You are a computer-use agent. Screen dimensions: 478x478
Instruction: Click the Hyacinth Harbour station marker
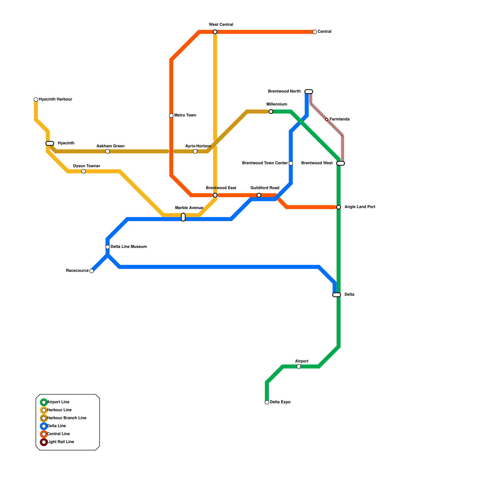pyautogui.click(x=36, y=99)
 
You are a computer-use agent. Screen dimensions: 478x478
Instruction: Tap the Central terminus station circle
pyautogui.click(x=315, y=32)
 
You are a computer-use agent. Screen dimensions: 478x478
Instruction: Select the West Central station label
pyautogui.click(x=221, y=25)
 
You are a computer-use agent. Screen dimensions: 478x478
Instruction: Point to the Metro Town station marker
pyautogui.click(x=171, y=116)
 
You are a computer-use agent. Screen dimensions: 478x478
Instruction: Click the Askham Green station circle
pyautogui.click(x=108, y=151)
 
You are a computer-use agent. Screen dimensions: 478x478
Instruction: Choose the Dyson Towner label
pyautogui.click(x=86, y=166)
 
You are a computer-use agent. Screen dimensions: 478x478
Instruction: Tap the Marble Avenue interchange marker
pyautogui.click(x=183, y=217)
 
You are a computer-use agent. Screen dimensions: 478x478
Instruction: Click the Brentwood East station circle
pyautogui.click(x=215, y=195)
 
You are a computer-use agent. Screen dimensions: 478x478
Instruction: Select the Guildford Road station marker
pyautogui.click(x=259, y=195)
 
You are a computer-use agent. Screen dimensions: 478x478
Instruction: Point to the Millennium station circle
pyautogui.click(x=271, y=112)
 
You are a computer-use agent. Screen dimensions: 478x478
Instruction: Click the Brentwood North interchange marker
pyautogui.click(x=309, y=91)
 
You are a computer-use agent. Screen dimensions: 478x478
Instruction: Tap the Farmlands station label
pyautogui.click(x=339, y=119)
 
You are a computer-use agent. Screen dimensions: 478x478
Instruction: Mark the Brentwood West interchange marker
pyautogui.click(x=341, y=163)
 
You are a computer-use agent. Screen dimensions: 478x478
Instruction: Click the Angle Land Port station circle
pyautogui.click(x=338, y=207)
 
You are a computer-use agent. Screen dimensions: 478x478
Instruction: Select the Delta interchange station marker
pyautogui.click(x=337, y=295)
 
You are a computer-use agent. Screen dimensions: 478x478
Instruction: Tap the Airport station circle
pyautogui.click(x=299, y=367)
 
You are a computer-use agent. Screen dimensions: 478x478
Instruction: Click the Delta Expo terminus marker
pyautogui.click(x=267, y=402)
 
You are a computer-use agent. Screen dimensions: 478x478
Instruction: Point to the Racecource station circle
pyautogui.click(x=92, y=271)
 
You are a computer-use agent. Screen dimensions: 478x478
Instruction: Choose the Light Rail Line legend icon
pyautogui.click(x=44, y=442)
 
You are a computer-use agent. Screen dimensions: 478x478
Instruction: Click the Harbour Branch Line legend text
pyautogui.click(x=67, y=418)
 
